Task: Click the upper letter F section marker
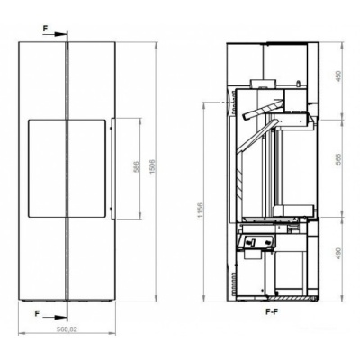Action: click(45, 29)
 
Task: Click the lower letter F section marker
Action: click(37, 313)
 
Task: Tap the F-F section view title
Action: click(272, 312)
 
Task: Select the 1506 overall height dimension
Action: click(153, 167)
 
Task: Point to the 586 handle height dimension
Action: click(137, 167)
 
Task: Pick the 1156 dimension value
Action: click(201, 211)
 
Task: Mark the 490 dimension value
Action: click(338, 254)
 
